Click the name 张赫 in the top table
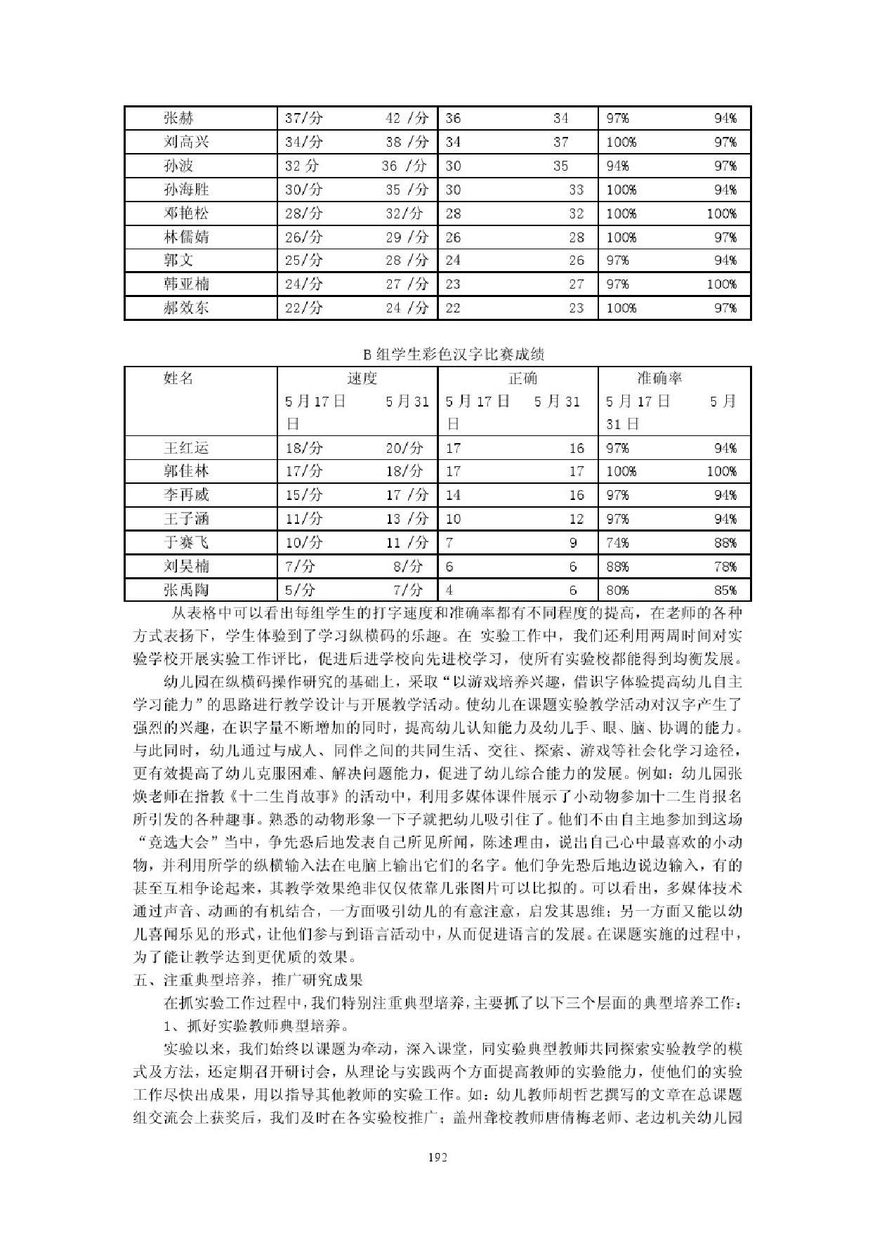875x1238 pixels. pos(178,119)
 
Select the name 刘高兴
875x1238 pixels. pos(186,143)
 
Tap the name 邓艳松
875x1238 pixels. pos(186,213)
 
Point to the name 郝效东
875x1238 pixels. pos(186,308)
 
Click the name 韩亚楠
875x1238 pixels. pos(186,284)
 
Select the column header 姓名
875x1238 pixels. pos(178,379)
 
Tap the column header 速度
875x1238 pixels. pos(362,379)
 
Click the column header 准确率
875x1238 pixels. pos(659,379)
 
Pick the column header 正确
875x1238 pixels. pos(522,379)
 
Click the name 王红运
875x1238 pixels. pos(186,448)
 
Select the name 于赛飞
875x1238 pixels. pos(186,543)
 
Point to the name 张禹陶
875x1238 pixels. pos(186,590)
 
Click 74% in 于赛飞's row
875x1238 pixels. pos(618,543)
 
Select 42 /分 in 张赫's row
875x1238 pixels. pos(407,119)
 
